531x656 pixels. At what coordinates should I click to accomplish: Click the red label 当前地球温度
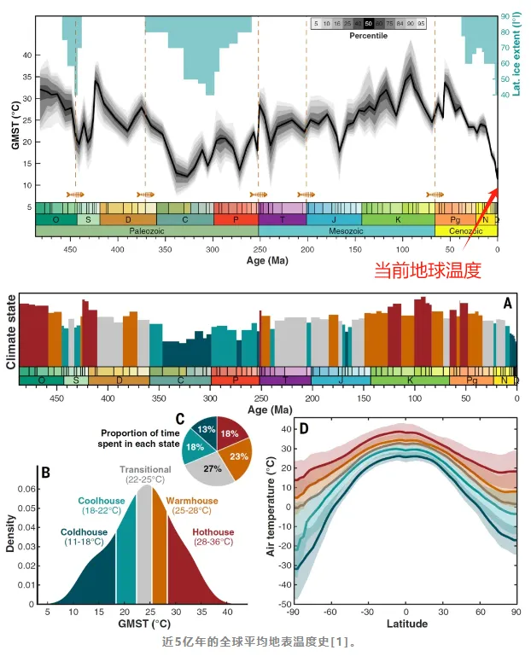[x=428, y=271]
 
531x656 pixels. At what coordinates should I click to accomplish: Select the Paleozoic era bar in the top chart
[x=147, y=231]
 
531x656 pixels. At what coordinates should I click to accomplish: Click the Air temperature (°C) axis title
[x=273, y=516]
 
